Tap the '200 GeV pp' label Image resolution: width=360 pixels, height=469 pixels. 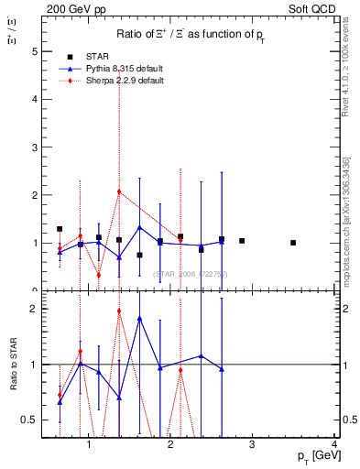pos(71,8)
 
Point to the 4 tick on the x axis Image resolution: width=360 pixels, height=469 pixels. pos(334,444)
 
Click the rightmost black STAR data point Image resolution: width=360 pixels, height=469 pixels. pos(293,243)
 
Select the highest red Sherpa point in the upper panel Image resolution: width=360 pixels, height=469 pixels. pos(119,191)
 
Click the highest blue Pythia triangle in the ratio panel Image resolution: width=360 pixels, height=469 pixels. pos(139,318)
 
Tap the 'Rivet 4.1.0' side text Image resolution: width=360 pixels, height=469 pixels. pos(349,69)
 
